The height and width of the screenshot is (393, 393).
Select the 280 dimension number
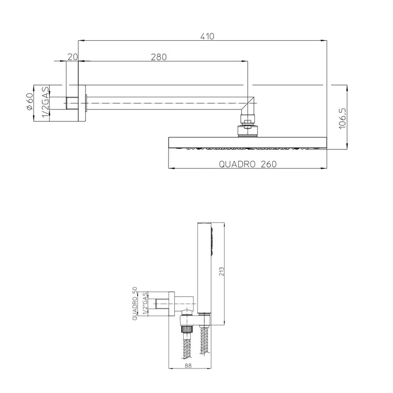coord(159,57)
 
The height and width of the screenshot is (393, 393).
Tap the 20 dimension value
coord(73,57)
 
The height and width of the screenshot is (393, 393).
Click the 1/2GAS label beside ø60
coord(45,103)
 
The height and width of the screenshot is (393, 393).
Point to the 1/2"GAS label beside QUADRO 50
coord(144,305)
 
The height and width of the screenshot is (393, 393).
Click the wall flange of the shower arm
coord(82,103)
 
